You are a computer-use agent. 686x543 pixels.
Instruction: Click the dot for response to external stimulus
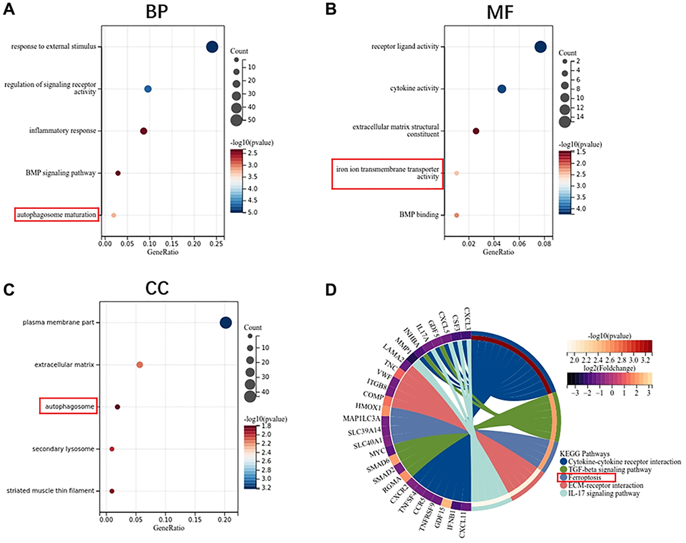click(212, 47)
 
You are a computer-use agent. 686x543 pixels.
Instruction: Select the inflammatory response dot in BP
click(143, 131)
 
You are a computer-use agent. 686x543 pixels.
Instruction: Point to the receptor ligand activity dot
click(540, 47)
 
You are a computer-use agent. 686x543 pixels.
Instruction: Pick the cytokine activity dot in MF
click(502, 89)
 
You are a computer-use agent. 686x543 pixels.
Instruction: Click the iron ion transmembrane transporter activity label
click(387, 173)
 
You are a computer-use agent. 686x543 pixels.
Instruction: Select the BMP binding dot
click(456, 215)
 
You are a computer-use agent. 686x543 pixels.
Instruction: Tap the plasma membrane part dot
click(225, 323)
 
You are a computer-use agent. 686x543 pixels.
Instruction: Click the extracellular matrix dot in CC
click(139, 365)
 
